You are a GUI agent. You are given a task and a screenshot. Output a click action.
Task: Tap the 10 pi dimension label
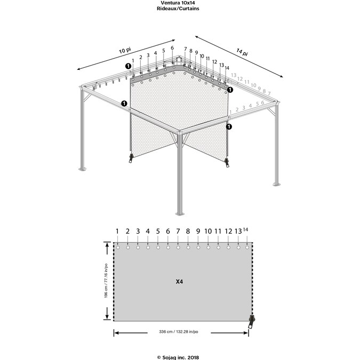point(125,50)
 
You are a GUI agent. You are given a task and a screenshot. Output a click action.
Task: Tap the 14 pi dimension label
point(242,52)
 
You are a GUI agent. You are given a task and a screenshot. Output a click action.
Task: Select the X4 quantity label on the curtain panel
point(180,281)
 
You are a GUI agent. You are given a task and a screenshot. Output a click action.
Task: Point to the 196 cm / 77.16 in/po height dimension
point(106,281)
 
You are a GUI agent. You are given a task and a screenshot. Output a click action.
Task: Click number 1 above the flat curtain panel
point(117,231)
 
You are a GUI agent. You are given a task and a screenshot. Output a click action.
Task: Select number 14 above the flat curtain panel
point(246,230)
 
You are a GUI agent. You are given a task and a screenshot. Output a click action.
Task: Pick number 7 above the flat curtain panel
point(178,231)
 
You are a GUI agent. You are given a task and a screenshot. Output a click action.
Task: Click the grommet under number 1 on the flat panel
point(118,247)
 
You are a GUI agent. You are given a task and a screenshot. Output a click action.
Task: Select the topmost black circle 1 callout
point(129,66)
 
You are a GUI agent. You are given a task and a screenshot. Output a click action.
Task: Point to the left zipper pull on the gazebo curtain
point(131,158)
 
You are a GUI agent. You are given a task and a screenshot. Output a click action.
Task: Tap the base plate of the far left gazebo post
point(82,170)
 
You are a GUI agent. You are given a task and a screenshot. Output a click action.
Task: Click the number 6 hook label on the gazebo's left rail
point(172,49)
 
